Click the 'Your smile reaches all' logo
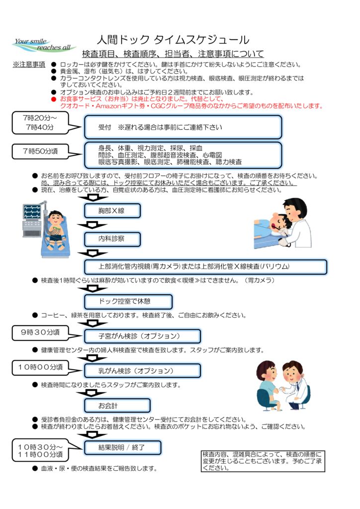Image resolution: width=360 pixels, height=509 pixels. (44, 44)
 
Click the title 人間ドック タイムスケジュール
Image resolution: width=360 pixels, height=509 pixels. (173, 40)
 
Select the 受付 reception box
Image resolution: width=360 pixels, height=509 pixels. (183, 127)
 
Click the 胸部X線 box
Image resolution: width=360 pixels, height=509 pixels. (112, 211)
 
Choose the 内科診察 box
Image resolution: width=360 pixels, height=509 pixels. (112, 239)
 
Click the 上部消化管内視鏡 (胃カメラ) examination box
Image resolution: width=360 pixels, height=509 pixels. (205, 266)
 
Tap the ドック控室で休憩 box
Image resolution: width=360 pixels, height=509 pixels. (128, 301)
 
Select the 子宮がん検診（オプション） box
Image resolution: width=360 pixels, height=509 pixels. (142, 336)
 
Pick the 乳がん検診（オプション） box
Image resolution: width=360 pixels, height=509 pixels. (142, 371)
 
